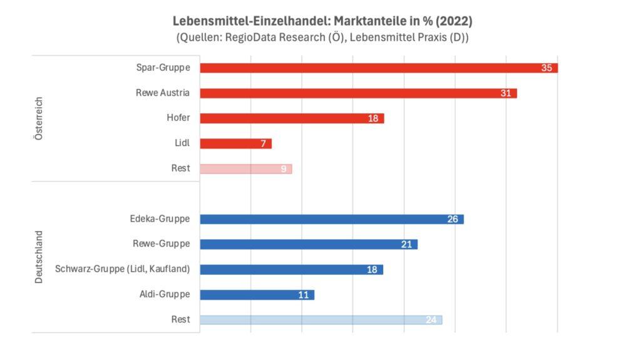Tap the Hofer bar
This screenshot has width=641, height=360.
tap(288, 118)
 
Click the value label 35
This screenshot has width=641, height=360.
tap(546, 68)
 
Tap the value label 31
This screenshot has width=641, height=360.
tap(506, 93)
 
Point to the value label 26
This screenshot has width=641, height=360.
tap(453, 219)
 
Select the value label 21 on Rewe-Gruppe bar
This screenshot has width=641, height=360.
tap(406, 244)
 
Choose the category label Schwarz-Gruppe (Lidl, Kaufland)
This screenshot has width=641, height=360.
tap(123, 269)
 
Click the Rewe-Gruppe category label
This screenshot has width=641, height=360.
tap(162, 244)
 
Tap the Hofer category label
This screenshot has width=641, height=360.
tap(178, 118)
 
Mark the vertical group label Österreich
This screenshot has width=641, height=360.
tap(39, 118)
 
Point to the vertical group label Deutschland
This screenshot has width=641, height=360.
tap(39, 257)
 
